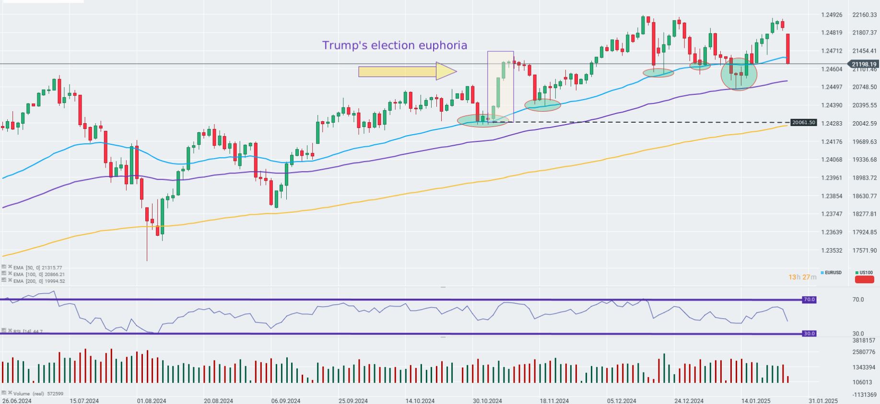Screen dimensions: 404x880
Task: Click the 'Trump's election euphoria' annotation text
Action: [394, 46]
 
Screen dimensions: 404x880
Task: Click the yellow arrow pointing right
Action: [407, 71]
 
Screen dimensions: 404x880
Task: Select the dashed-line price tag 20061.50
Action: [803, 123]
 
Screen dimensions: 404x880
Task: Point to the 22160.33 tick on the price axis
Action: [864, 15]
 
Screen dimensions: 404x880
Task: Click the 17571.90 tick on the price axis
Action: [864, 251]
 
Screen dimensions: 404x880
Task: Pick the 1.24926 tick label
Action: [832, 15]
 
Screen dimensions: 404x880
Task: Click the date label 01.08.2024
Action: [152, 401]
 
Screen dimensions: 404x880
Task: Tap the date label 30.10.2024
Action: [487, 401]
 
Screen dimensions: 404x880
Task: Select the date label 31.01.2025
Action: [823, 401]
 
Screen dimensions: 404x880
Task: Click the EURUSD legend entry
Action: [833, 273]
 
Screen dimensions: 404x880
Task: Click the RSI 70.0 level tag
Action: [809, 300]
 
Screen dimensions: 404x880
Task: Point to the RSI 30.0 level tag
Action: [809, 334]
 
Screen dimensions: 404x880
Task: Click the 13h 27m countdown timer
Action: [802, 277]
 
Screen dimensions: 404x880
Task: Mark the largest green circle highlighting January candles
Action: [739, 74]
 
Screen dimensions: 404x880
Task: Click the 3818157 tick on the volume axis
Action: [864, 340]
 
